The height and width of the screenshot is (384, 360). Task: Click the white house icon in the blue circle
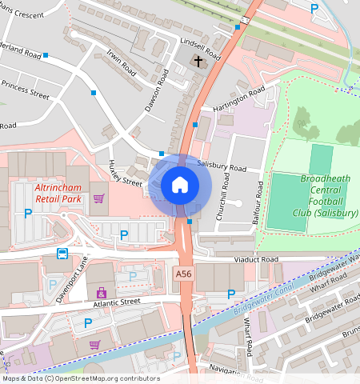point(180,186)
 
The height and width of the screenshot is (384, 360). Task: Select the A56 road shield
point(183,274)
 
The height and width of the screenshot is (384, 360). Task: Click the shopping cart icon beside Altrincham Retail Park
point(99,198)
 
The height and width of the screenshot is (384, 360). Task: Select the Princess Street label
point(25,89)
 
